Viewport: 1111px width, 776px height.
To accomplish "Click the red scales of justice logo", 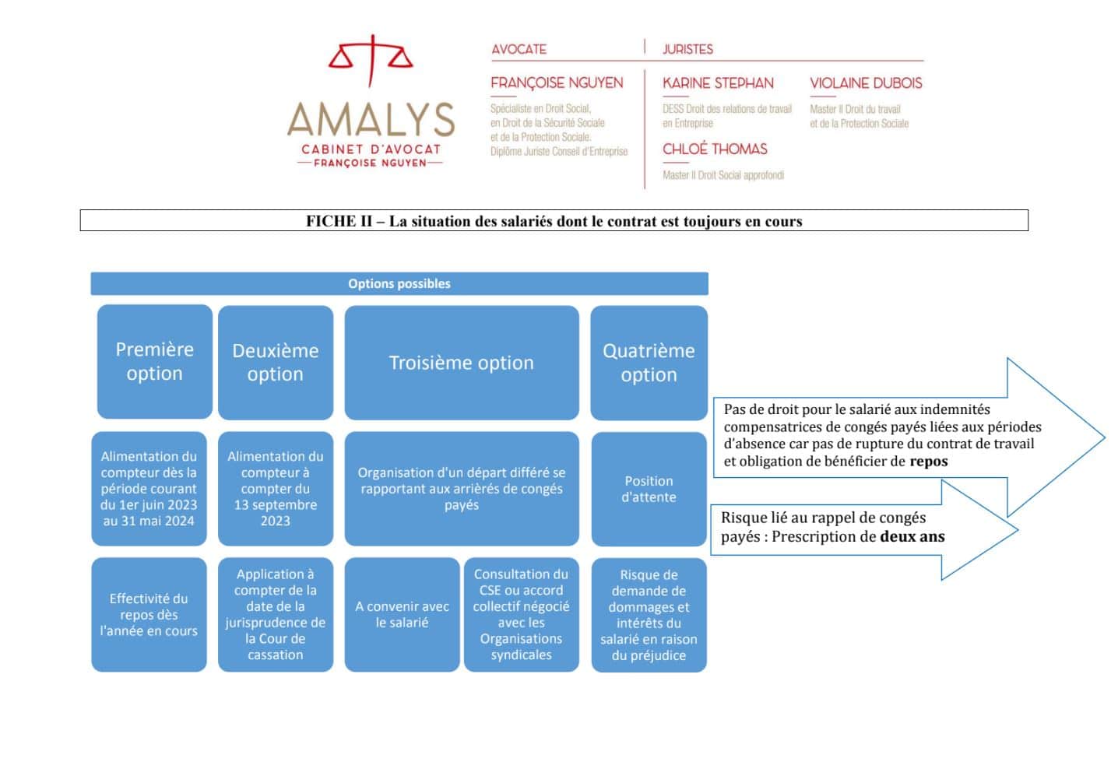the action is coord(371,59).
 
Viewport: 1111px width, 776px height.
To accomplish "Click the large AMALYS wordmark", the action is coord(371,119).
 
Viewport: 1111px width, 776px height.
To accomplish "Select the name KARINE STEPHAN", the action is coord(718,83).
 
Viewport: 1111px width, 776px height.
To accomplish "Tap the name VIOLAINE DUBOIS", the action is coord(866,83).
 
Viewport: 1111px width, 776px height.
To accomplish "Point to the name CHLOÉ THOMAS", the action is coord(715,149).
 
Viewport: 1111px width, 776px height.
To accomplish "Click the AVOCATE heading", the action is coord(519,50).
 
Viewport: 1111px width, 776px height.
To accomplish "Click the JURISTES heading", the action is coord(688,50).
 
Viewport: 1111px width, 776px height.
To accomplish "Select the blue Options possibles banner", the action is coord(399,283).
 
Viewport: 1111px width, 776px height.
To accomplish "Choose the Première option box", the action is coord(155,361).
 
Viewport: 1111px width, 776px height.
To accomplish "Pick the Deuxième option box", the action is coord(276,363).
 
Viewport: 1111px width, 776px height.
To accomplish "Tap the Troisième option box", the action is coord(462,363).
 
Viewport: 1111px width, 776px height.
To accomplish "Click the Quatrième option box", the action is coord(649,363).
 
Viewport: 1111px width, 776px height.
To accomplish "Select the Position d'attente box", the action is coord(649,489).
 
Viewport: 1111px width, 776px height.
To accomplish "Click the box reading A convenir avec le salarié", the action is coord(403,615).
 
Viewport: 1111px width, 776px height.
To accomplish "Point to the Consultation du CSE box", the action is coord(522,615).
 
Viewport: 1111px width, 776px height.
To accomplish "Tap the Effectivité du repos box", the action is coord(149,615).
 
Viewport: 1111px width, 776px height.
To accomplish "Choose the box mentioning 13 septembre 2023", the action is coord(276,489).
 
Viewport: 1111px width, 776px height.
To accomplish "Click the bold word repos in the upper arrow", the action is coord(929,462).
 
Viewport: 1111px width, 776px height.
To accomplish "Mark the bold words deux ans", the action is coord(912,536).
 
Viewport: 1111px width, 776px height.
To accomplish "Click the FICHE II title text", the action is coord(554,221).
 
